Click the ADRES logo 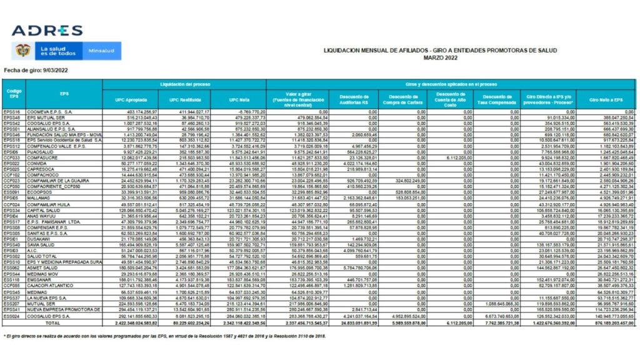click(47, 31)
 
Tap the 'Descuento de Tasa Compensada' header click(497, 99)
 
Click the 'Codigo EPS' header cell click(14, 94)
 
